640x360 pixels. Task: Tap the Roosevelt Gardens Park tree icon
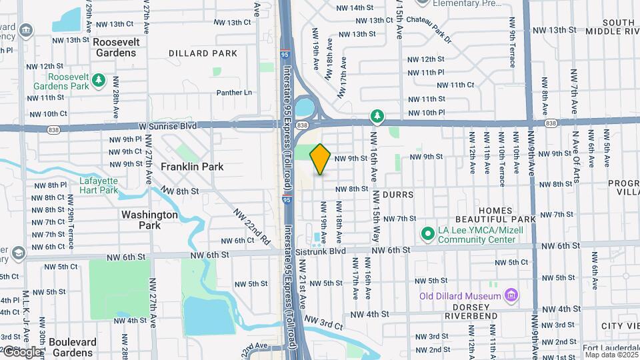[99, 80]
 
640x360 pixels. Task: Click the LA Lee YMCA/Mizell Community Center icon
[427, 233]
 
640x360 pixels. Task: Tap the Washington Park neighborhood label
[149, 220]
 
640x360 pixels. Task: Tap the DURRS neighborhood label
[399, 195]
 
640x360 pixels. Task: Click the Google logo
[21, 351]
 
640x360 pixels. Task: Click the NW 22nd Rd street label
[251, 225]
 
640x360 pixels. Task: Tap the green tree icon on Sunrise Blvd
[377, 117]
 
